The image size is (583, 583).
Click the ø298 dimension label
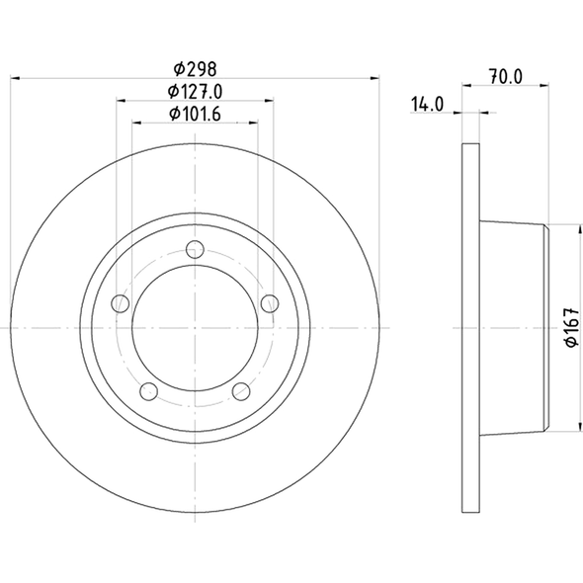coord(195,69)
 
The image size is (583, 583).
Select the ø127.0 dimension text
coord(195,92)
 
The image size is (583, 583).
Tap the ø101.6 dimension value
coord(195,115)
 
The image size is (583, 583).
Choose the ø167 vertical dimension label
coord(570,327)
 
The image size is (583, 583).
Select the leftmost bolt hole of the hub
coord(121,302)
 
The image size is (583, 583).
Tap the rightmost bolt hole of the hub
coord(270,302)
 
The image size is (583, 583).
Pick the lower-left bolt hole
coord(149,390)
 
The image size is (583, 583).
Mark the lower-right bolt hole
coord(241,390)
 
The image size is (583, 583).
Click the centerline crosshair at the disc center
coord(196,327)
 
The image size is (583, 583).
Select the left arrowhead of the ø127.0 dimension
coord(122,101)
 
